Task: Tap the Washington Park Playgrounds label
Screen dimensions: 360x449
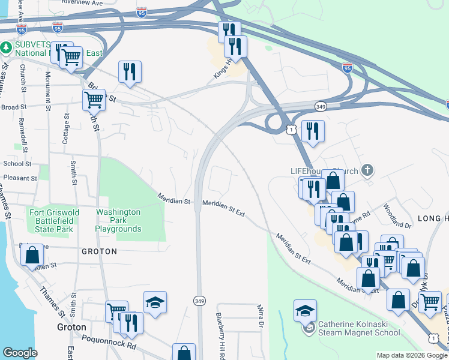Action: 118,220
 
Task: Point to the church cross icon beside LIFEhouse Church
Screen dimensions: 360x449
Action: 367,171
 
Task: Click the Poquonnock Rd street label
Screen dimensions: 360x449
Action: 115,347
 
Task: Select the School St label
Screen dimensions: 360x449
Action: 17,163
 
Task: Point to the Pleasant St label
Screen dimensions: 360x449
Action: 20,178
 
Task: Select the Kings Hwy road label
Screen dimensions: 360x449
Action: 222,69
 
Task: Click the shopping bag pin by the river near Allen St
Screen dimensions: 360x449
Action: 32,255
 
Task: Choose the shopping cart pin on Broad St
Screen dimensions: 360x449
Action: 94,101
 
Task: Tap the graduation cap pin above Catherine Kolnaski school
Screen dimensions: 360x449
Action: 305,311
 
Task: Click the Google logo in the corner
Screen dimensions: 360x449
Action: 20,353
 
